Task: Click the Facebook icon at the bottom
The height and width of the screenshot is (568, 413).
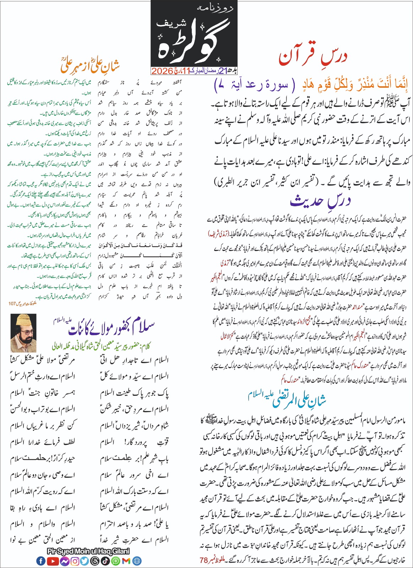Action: pyautogui.click(x=41, y=561)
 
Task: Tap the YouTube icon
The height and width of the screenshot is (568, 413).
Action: pyautogui.click(x=53, y=561)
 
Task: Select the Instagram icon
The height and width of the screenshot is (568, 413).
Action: pyautogui.click(x=75, y=561)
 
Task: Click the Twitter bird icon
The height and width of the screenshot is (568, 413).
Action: pyautogui.click(x=85, y=561)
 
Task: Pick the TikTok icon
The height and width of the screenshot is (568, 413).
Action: pyautogui.click(x=105, y=561)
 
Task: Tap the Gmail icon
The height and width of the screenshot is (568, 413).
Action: pyautogui.click(x=126, y=561)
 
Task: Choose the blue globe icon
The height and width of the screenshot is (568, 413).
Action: pyautogui.click(x=137, y=561)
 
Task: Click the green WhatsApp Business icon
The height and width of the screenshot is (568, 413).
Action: pyautogui.click(x=115, y=561)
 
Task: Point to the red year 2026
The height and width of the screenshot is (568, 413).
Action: pyautogui.click(x=162, y=71)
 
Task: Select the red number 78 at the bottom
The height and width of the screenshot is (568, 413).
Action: pyautogui.click(x=203, y=560)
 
